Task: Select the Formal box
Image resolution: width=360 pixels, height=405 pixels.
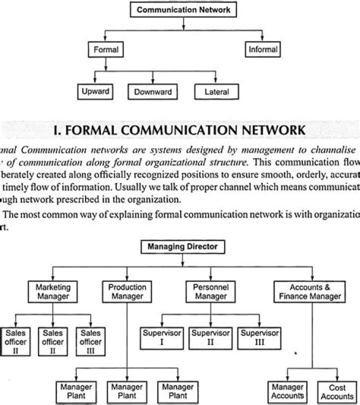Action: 105,49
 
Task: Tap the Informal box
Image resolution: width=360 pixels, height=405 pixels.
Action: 263,49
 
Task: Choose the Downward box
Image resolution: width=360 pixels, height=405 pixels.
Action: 153,92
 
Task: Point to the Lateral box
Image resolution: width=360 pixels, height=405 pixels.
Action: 217,92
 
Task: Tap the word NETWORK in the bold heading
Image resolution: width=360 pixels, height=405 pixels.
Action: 269,130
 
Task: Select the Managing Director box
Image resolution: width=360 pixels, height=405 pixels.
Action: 183,246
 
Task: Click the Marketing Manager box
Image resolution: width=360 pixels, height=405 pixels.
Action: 53,291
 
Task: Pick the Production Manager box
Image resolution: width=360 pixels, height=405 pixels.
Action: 127,291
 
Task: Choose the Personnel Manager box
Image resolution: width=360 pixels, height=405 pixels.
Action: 210,291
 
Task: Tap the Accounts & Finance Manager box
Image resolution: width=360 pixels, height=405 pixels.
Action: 310,291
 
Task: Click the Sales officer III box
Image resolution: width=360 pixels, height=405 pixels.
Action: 90,341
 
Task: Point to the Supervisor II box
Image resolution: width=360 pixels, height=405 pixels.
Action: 210,337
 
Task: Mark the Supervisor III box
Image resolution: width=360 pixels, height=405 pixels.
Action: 259,337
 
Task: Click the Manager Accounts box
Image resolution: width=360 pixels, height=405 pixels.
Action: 287,391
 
